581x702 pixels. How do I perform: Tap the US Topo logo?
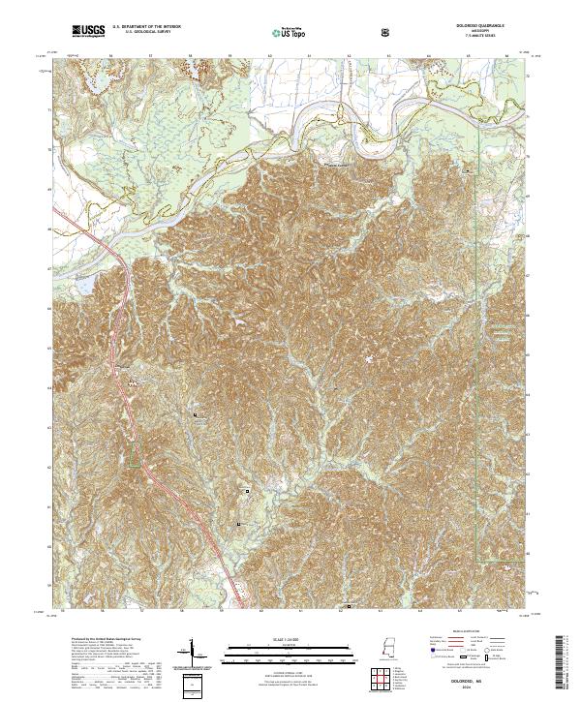point(281,33)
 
